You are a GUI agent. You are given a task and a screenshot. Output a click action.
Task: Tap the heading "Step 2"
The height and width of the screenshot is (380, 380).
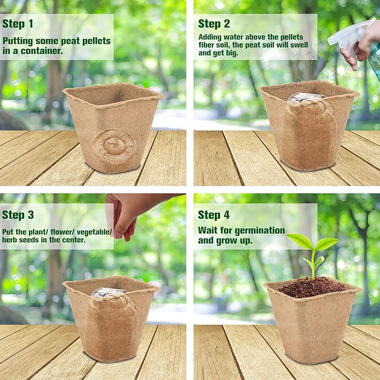point(214,24)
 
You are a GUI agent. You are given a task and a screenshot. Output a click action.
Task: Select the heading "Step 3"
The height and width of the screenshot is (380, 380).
point(18,215)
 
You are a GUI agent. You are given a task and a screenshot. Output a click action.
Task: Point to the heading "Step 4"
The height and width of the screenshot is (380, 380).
point(214,215)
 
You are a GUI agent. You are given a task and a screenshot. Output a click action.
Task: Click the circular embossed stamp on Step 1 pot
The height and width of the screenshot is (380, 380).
point(114,146)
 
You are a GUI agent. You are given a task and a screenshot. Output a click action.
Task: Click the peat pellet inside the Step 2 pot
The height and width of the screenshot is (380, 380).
point(306,97)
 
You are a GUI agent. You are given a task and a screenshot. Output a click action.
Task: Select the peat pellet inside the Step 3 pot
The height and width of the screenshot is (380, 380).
point(109,292)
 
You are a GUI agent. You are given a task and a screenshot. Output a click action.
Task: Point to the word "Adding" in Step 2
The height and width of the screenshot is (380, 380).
point(210,36)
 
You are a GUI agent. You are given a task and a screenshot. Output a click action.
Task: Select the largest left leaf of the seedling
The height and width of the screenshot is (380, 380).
point(300,241)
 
